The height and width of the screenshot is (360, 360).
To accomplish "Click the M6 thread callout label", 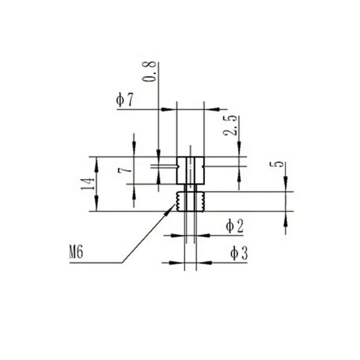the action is (x=76, y=252).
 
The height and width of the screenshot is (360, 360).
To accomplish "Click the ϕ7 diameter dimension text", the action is (x=125, y=100).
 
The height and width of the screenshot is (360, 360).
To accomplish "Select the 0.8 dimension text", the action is (x=149, y=72).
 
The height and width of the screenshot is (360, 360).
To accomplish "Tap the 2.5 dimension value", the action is (x=230, y=126).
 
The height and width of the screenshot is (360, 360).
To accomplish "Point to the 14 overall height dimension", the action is (x=88, y=184).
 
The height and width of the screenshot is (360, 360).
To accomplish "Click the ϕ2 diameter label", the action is (x=234, y=226).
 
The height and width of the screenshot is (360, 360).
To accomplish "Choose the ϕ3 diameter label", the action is (x=239, y=253).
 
